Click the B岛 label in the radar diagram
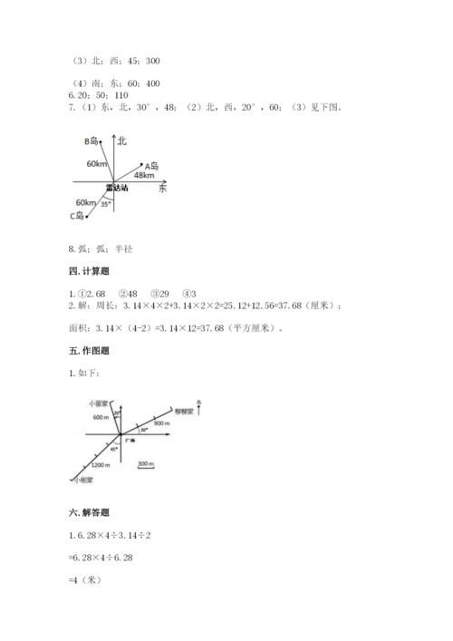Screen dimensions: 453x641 click(91, 141)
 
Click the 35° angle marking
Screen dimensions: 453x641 click(106, 204)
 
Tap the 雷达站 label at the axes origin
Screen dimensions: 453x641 click(116, 188)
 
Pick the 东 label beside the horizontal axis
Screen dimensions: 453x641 click(162, 188)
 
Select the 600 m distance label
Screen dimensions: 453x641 click(101, 417)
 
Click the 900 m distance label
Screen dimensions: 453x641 click(164, 422)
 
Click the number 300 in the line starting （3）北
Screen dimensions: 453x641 click(152, 62)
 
